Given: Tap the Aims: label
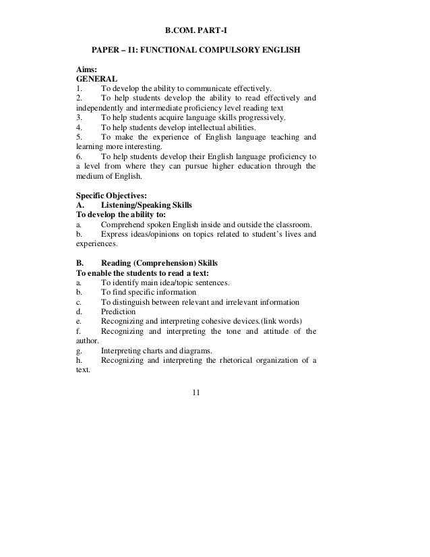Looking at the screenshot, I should tap(86, 69).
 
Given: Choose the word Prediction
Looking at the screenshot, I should tap(118, 312).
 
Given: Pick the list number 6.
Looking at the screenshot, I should tap(80, 156).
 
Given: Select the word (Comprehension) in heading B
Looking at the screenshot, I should tap(164, 263).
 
